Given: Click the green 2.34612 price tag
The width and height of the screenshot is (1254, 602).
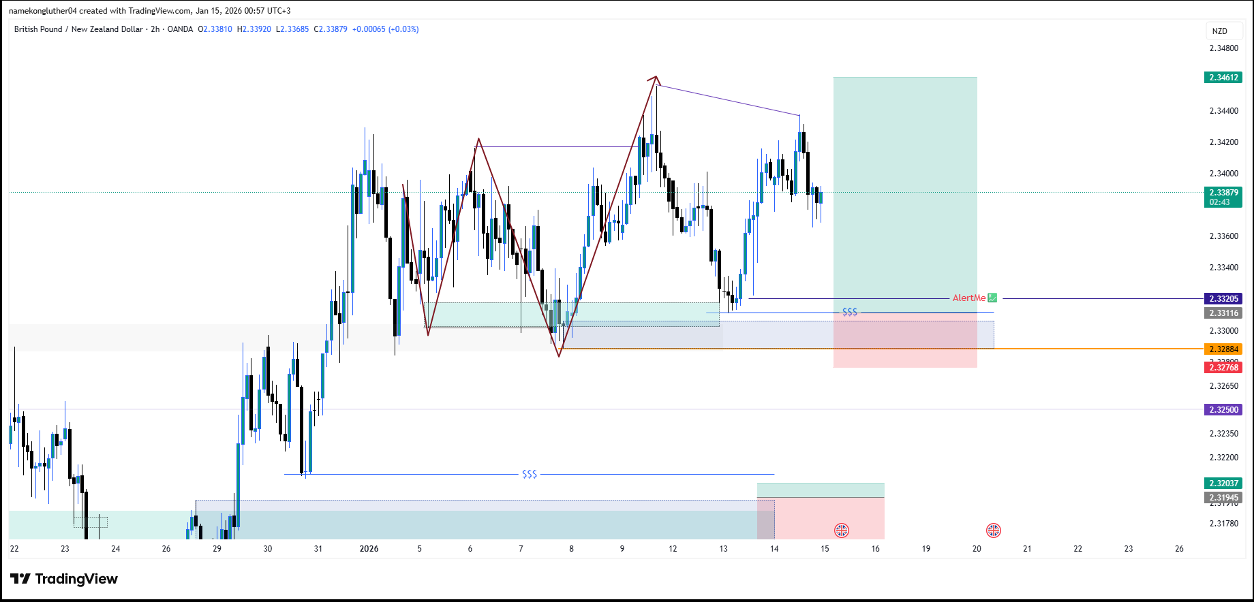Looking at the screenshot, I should tap(1223, 78).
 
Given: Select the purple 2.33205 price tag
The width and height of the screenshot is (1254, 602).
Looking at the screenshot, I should tap(1223, 299).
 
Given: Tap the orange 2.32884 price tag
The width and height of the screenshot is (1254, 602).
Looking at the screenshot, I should tap(1223, 349).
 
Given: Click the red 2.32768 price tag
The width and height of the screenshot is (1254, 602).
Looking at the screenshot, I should tap(1223, 368).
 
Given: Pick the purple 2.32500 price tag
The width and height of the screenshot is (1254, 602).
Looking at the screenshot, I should tap(1223, 410).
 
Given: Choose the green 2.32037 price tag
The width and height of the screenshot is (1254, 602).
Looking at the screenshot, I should tap(1223, 484).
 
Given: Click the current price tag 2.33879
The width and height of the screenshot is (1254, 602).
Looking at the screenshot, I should tap(1223, 193).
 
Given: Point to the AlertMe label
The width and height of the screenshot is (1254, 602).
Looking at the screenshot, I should tap(969, 298).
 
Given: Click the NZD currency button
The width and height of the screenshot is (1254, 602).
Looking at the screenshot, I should tap(1220, 31).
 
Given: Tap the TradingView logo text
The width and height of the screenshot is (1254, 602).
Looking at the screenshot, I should tap(76, 579).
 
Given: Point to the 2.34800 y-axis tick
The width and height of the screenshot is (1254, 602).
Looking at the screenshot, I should tap(1223, 48).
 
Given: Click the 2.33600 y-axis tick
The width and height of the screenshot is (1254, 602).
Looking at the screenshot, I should tap(1223, 236).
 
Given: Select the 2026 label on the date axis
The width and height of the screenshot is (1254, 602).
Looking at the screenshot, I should tap(369, 549).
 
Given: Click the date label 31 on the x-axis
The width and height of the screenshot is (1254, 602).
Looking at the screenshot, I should tap(318, 549).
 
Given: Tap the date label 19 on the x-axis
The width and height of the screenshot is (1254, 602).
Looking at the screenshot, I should tap(926, 549).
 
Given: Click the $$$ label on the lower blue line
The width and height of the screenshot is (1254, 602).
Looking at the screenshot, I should tap(530, 474).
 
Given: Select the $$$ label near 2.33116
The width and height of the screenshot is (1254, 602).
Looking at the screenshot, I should tap(850, 312).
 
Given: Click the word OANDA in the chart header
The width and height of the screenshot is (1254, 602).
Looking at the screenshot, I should tap(180, 29).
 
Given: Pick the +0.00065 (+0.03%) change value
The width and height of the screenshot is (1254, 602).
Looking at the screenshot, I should tap(385, 29).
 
